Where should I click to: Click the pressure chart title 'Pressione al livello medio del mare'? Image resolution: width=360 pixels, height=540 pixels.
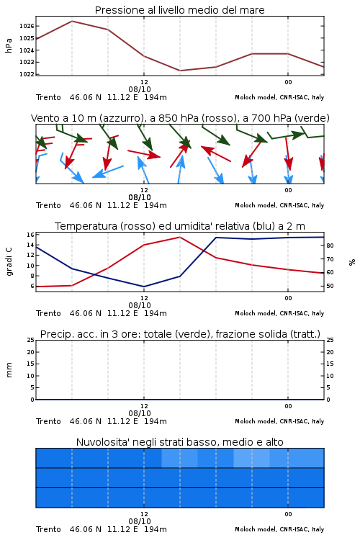pos(179,10)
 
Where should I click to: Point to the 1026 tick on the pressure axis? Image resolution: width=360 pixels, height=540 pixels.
pos(27,26)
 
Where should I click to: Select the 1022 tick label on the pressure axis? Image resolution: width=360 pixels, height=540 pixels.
pos(27,74)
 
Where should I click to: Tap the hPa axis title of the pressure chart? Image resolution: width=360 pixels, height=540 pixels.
pos(9,45)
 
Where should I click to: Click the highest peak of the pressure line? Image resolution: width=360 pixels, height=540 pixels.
pos(72,21)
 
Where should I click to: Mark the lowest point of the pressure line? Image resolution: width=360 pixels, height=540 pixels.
pos(180,71)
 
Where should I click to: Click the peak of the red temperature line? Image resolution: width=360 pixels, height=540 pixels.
pos(180,237)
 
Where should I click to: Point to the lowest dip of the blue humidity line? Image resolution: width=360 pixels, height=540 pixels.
pos(144,287)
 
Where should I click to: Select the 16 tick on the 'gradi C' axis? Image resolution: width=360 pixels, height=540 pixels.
pos(30,235)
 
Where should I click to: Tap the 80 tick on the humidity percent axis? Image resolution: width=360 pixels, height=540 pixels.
pos(330,246)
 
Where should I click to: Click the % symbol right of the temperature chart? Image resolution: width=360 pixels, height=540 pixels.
pos(352,262)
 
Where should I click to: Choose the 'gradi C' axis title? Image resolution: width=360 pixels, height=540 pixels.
pos(9,261)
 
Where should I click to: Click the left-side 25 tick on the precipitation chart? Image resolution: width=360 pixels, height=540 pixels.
pos(30,340)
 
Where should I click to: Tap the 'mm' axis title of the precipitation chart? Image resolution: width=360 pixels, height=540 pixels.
pos(9,370)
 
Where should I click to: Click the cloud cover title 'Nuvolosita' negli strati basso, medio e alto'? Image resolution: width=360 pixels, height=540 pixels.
pos(179,442)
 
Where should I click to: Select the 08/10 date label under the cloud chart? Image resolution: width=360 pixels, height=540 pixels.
pos(140,521)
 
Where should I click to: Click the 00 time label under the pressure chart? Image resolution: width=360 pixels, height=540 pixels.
pos(288,82)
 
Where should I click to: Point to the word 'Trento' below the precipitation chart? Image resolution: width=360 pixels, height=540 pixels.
pos(48,421)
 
